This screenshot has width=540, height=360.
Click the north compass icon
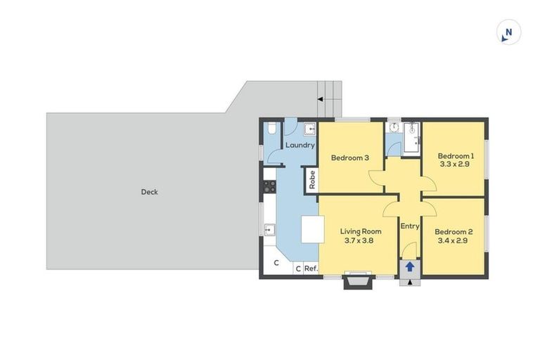pyautogui.click(x=508, y=32)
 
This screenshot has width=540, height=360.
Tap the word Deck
pyautogui.click(x=149, y=191)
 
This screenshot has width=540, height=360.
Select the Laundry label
pyautogui.click(x=300, y=146)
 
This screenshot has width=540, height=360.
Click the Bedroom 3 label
pyautogui.click(x=350, y=157)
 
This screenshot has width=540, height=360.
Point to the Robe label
pyautogui.click(x=311, y=179)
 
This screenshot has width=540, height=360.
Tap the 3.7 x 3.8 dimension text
pyautogui.click(x=360, y=240)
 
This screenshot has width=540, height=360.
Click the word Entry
pyautogui.click(x=410, y=226)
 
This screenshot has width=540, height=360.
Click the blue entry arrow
pyautogui.click(x=410, y=267)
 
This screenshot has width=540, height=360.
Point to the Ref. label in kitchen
pyautogui.click(x=311, y=268)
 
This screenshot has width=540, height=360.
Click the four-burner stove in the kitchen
pyautogui.click(x=269, y=186)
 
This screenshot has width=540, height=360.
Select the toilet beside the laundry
pyautogui.click(x=271, y=129)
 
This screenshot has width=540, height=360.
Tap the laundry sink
pyautogui.click(x=309, y=129)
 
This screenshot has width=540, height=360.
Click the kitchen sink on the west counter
pyautogui.click(x=269, y=229)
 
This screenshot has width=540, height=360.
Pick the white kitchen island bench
pyautogui.click(x=312, y=229)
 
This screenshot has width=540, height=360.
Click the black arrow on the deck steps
pyautogui.click(x=321, y=99)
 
